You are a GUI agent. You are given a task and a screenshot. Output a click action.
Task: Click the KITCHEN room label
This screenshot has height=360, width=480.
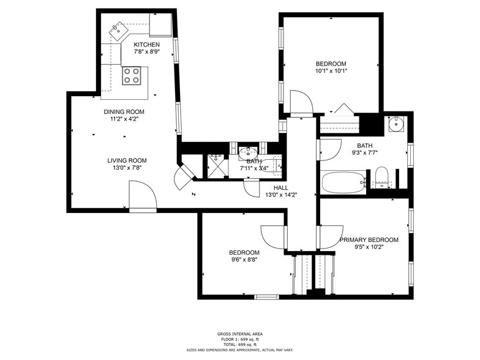(147, 45)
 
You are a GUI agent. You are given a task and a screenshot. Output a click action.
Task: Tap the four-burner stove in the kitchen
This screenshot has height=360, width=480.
(131, 76)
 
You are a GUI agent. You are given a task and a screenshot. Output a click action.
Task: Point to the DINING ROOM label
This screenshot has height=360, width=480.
(124, 111)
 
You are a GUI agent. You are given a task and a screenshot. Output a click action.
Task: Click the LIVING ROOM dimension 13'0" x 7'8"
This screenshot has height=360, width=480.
(127, 168)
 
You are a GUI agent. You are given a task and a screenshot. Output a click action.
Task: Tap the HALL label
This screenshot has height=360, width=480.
(280, 187)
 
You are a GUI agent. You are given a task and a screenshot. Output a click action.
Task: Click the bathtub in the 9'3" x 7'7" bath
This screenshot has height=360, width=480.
(343, 182)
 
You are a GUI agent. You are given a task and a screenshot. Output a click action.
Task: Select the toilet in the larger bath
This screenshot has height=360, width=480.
(381, 178)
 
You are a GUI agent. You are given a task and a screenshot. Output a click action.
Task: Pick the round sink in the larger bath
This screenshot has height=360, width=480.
(397, 124)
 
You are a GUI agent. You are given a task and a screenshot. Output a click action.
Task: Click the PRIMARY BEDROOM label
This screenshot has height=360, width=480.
(369, 240)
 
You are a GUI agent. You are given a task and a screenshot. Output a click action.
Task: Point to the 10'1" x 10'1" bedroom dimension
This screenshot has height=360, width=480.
(331, 71)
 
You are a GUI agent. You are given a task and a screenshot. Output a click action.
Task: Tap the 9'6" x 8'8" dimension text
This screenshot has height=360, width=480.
(244, 260)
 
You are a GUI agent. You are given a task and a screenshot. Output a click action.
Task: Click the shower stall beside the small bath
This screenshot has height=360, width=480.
(218, 166)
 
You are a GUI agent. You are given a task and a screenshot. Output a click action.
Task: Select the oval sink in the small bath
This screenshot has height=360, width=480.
(249, 153)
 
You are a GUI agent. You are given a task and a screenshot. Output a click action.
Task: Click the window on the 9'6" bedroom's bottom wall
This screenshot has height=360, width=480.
(267, 296)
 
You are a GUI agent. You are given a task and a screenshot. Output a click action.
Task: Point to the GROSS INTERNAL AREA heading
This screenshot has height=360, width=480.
(240, 334)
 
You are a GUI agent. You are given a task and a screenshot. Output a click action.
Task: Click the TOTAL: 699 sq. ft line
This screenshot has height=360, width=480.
(240, 344)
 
